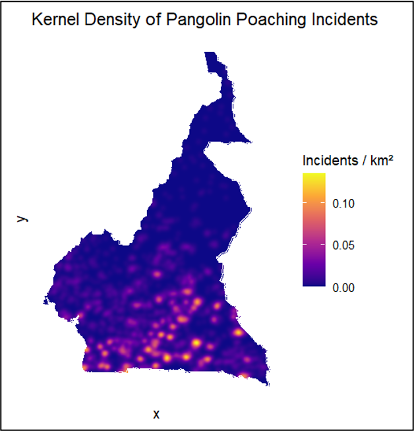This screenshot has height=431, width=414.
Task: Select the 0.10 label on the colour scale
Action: tap(344, 204)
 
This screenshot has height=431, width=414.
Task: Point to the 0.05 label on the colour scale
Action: tap(344, 246)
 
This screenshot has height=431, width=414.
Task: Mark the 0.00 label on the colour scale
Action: tap(344, 287)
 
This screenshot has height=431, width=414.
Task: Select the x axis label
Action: tap(156, 415)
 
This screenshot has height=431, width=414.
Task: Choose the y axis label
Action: tap(22, 218)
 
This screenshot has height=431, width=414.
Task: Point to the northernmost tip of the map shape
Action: tap(210, 53)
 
